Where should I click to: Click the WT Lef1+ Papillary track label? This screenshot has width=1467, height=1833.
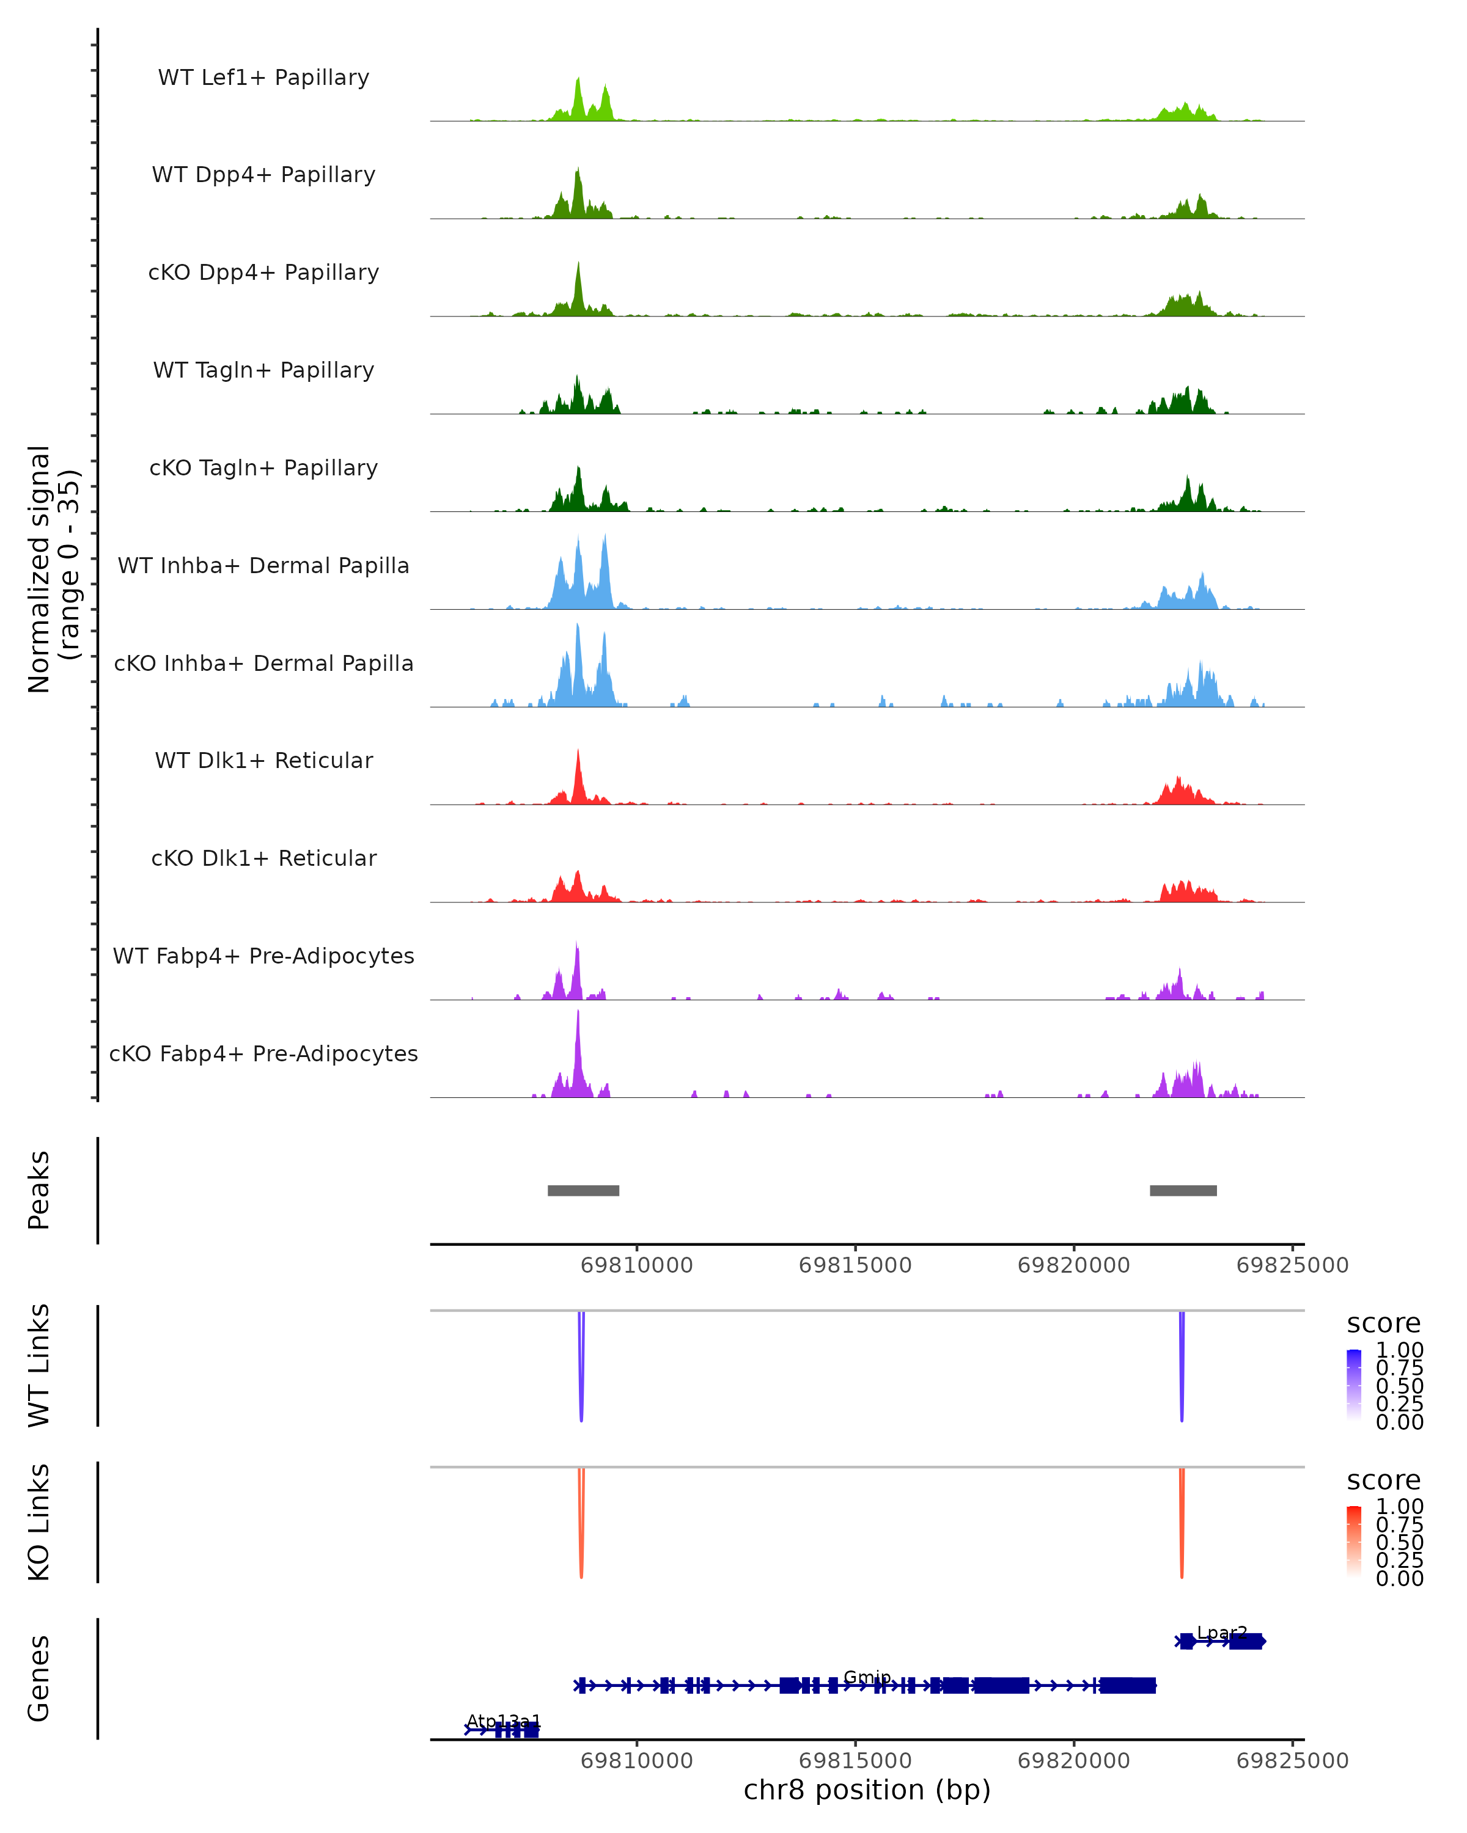(263, 78)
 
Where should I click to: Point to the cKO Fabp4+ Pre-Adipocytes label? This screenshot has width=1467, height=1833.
(263, 1053)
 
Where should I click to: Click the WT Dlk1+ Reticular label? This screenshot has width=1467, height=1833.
(263, 760)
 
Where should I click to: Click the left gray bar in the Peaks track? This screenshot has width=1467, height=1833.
(583, 1190)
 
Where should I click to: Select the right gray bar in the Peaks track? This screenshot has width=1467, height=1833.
(1183, 1190)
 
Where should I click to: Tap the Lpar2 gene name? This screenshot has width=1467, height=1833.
(1221, 1633)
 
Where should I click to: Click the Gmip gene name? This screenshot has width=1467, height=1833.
(867, 1677)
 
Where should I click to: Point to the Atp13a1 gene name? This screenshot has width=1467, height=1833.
(504, 1721)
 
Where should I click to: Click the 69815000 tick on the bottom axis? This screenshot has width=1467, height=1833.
(856, 1760)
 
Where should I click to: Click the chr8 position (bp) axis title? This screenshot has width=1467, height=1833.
(867, 1790)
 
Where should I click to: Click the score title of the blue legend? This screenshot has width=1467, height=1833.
(1384, 1323)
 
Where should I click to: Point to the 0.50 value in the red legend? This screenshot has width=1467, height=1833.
(1399, 1542)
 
